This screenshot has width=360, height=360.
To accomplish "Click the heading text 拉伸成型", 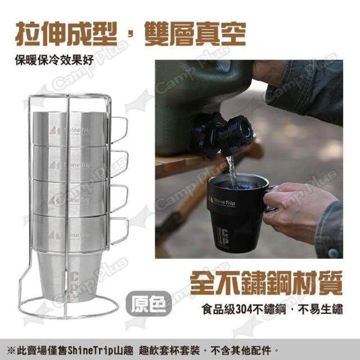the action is click(x=66, y=34).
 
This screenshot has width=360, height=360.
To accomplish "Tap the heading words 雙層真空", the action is click(x=195, y=34).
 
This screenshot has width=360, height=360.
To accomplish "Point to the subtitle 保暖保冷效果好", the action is click(x=55, y=60).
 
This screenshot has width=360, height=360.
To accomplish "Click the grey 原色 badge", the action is click(x=148, y=304).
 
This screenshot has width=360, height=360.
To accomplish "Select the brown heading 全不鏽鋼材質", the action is click(x=266, y=282).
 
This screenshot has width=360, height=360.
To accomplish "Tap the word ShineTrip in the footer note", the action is click(x=92, y=350).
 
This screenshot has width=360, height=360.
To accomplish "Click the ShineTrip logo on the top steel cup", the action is click(x=70, y=130).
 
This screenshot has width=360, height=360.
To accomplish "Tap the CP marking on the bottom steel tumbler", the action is click(x=74, y=283).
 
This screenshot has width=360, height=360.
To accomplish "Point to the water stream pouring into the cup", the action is click(x=231, y=171).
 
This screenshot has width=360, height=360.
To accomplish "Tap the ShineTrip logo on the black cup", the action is click(x=222, y=202).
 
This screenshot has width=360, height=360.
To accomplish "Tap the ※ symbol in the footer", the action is click(x=11, y=351).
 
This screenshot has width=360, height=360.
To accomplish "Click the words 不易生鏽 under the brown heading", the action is click(x=321, y=309).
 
